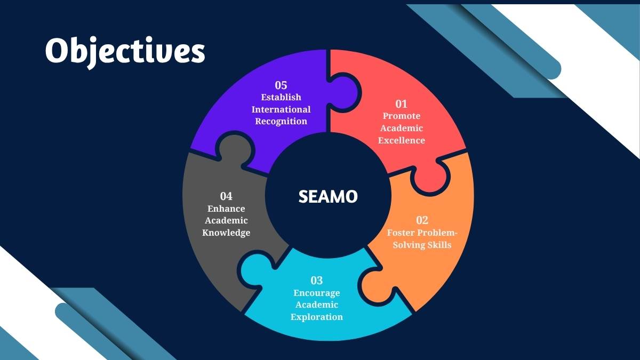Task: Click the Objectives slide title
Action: click(x=125, y=52)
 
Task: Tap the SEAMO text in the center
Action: click(x=328, y=197)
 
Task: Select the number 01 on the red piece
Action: click(x=401, y=104)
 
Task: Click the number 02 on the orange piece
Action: click(x=422, y=220)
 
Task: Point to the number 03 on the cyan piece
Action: click(x=317, y=281)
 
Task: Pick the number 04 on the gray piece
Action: click(x=226, y=196)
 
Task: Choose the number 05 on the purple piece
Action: click(x=281, y=85)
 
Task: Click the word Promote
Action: click(x=402, y=116)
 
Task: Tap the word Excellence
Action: click(x=402, y=140)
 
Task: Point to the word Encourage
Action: click(x=317, y=293)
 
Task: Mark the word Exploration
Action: click(x=317, y=317)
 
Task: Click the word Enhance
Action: click(x=226, y=209)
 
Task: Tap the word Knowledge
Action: click(x=226, y=233)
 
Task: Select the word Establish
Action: click(x=281, y=98)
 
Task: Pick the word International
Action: click(x=281, y=109)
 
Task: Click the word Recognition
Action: click(x=281, y=122)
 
